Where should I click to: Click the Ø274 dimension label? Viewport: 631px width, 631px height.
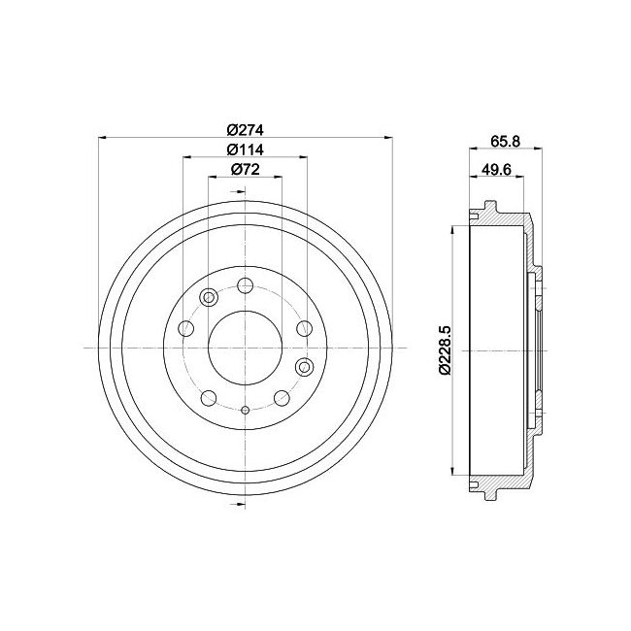tap(246, 130)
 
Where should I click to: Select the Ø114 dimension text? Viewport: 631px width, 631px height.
tap(246, 149)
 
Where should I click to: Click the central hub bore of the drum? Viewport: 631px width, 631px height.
tap(245, 349)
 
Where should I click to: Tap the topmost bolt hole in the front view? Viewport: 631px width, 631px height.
tap(245, 286)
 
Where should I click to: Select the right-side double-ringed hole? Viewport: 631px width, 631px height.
tap(304, 366)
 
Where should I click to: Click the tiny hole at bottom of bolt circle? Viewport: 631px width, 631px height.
tap(245, 410)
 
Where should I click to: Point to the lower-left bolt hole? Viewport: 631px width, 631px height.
tap(208, 398)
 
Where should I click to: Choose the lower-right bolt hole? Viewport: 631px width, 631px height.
tap(282, 398)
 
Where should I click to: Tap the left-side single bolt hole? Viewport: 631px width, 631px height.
tap(186, 328)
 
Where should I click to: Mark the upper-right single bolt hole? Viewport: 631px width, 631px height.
tap(303, 328)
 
